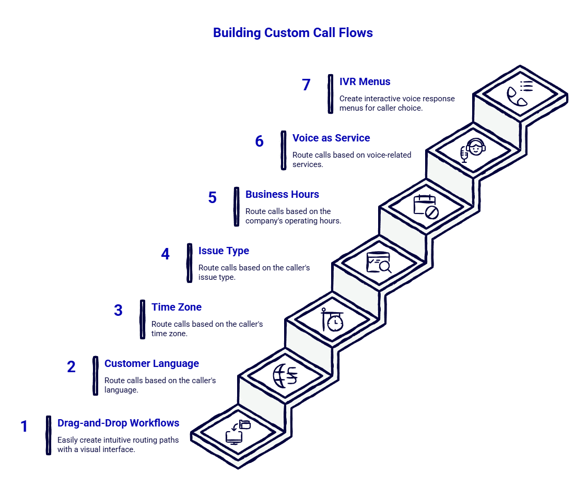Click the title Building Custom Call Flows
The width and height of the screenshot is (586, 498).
pos(292,33)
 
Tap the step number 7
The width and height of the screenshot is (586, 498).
pos(306,85)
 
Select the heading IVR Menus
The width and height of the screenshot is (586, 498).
pos(365,82)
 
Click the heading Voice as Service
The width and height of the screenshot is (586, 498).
pos(331,138)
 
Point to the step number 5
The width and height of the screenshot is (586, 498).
pos(212,198)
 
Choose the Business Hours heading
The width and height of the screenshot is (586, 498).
pos(282,195)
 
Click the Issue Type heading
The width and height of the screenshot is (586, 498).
pos(224,251)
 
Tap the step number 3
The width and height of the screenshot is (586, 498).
pos(118,311)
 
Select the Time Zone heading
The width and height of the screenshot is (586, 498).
pos(176,307)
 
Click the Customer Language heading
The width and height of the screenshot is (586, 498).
pos(151,364)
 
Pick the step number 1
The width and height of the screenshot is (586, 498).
pos(24,426)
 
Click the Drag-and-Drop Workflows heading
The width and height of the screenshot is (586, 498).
pos(119,423)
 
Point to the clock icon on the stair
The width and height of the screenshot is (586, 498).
pos(332,320)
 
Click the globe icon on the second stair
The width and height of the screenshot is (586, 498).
pos(285,376)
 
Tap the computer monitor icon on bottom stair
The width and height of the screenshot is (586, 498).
pos(237,433)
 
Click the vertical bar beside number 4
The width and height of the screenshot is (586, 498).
pos(189,264)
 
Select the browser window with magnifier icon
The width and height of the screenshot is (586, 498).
pos(379,262)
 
